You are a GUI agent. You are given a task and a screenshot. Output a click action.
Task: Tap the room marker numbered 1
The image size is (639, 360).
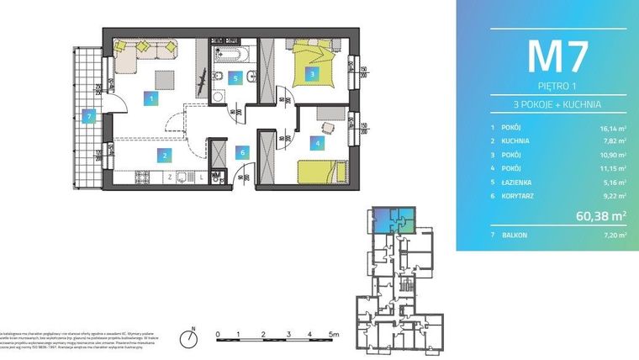[x=151, y=99]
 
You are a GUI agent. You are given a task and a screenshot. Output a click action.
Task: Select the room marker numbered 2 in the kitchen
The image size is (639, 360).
[x=166, y=154]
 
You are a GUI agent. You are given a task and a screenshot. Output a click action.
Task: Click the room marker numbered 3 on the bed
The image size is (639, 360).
[x=313, y=75]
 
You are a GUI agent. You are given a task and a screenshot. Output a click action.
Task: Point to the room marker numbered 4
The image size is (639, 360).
[x=317, y=143]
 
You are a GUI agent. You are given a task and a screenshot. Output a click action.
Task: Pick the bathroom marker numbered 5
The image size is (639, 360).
[x=236, y=78]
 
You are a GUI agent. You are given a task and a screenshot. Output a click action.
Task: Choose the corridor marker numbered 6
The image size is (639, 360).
[x=242, y=152]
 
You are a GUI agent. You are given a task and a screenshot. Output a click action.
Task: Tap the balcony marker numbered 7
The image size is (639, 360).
[x=88, y=117]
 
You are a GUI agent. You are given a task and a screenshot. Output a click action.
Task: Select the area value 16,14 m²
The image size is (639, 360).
[x=611, y=128]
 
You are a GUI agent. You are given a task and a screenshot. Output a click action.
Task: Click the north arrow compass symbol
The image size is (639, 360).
[x=193, y=337]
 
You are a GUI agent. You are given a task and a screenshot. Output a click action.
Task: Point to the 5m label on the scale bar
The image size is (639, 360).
[x=335, y=334]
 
